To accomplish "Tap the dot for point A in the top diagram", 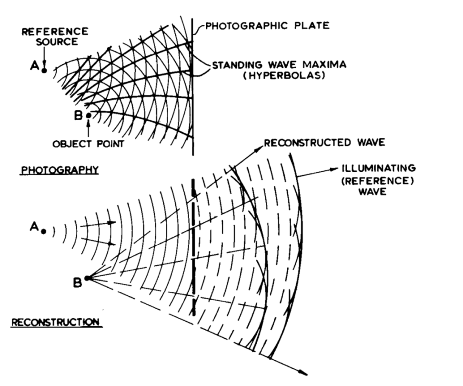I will pos(44,71).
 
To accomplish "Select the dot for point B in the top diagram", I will pos(89,115).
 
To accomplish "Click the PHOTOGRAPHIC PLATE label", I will pos(267,26).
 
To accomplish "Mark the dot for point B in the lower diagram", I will pos(87,278).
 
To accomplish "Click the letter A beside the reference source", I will pos(33,68).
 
